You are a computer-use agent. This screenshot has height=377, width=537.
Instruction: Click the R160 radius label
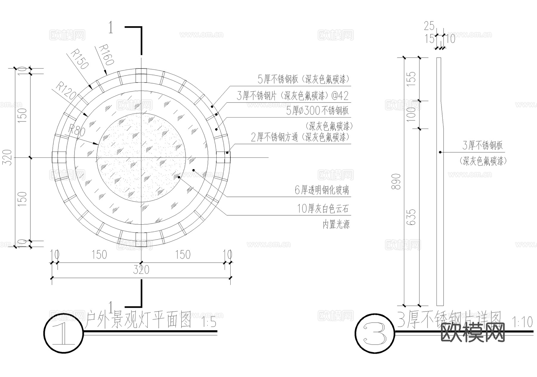(x=106, y=55)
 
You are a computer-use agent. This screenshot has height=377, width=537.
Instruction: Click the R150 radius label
(x=80, y=59)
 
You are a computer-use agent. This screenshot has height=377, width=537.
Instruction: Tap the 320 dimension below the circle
(x=141, y=270)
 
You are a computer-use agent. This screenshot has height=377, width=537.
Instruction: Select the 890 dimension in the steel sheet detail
(x=396, y=181)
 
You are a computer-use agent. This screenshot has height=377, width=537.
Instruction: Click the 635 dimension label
(x=411, y=217)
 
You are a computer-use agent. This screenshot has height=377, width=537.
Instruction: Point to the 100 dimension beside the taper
(x=411, y=114)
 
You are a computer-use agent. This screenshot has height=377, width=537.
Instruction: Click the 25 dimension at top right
(x=429, y=26)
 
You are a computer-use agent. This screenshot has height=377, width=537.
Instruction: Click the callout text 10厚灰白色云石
(x=323, y=209)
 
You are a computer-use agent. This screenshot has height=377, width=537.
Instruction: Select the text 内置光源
(x=336, y=224)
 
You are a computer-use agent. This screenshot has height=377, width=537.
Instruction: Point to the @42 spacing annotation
(x=340, y=96)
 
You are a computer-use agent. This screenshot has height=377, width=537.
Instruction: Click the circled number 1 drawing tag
(x=64, y=333)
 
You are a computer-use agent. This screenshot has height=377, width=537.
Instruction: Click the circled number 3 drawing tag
(x=375, y=333)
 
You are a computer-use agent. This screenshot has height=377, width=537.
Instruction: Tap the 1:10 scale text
(x=522, y=322)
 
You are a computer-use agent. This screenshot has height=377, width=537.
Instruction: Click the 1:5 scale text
(x=209, y=323)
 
